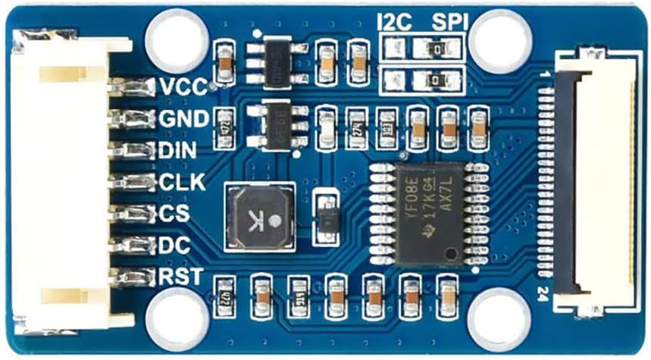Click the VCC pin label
(182, 87)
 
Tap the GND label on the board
(183, 119)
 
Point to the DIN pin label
(178, 150)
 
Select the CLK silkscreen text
(182, 182)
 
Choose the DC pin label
(174, 246)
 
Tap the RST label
(180, 277)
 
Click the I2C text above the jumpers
(394, 22)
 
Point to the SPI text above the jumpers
(447, 22)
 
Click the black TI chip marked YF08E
(429, 213)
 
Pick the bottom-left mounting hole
(177, 318)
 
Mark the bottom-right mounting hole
(499, 318)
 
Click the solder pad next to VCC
(133, 87)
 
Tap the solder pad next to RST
(133, 277)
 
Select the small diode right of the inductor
(327, 217)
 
